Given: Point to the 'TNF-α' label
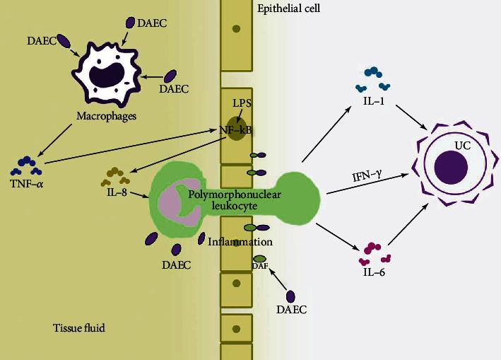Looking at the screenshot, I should click(25, 185).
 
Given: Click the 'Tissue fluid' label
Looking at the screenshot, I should click(78, 327).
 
